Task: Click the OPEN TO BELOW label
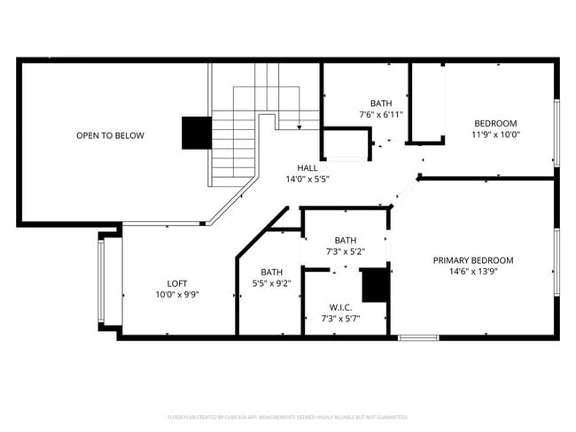110,135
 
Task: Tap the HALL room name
307,167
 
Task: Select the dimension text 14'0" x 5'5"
307,179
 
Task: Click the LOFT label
177,283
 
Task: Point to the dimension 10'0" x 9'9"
177,295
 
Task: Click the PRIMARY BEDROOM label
473,260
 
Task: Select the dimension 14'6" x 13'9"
473,272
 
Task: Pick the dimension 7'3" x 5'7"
341,318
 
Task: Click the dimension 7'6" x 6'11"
380,115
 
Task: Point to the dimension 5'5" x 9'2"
271,284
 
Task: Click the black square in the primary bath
376,285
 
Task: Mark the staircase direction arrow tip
300,129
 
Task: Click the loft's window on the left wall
102,282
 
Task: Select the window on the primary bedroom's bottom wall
417,337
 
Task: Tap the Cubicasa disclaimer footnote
287,416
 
